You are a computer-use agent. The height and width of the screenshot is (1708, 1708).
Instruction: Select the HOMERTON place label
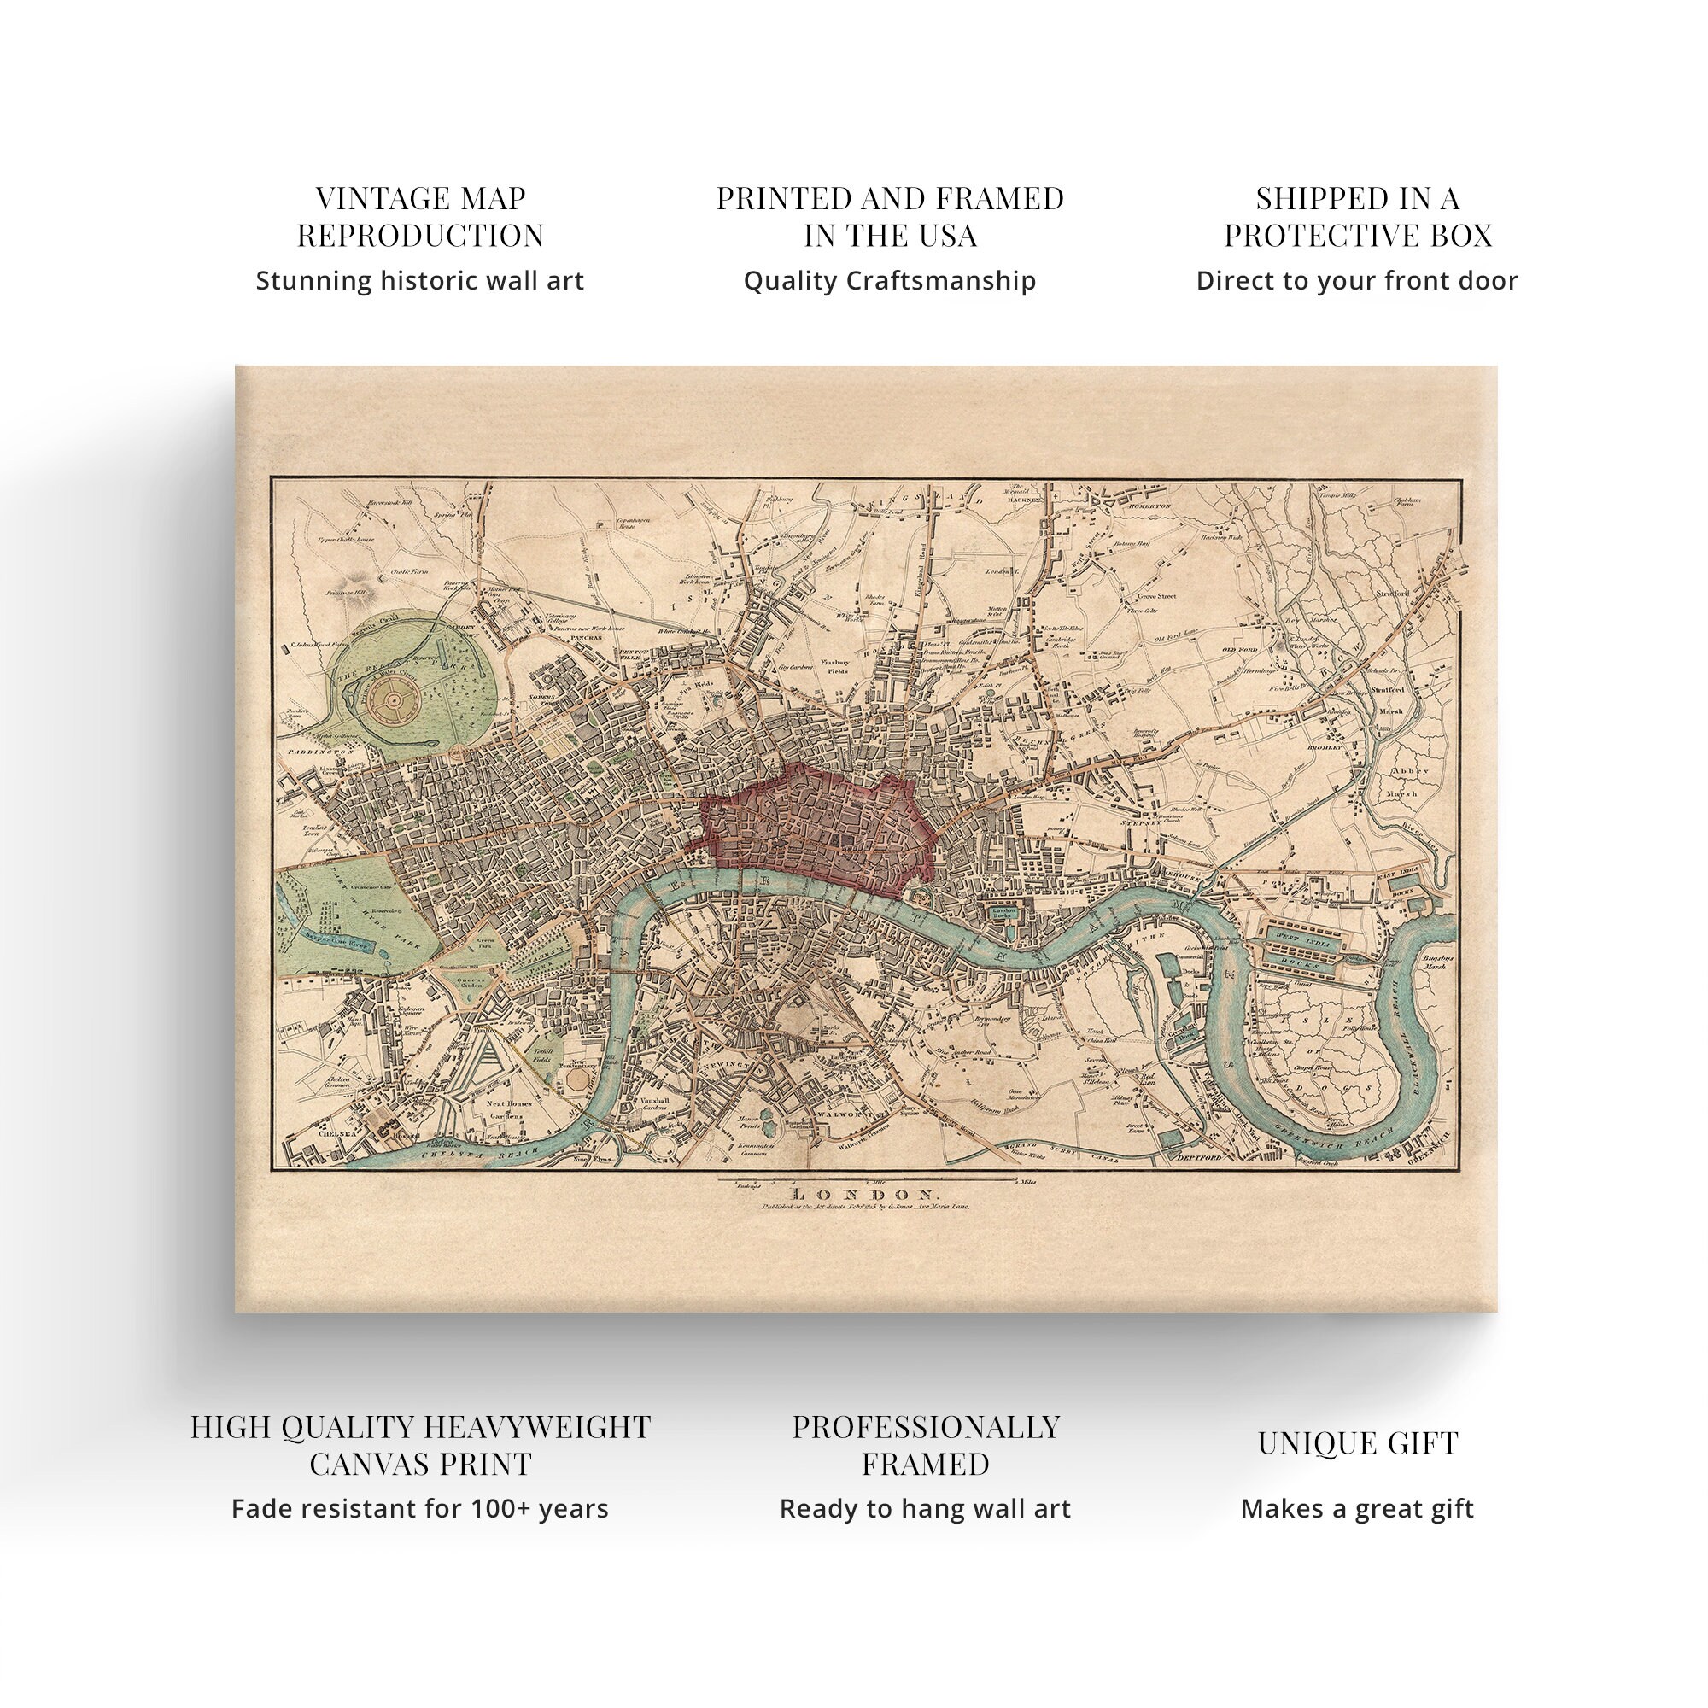1149,506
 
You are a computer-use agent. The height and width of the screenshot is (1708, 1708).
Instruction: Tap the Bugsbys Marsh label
1433,962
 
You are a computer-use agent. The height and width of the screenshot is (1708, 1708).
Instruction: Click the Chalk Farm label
409,571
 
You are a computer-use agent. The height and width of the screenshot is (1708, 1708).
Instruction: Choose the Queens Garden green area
470,984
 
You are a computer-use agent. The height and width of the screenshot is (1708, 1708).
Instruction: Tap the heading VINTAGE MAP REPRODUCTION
420,217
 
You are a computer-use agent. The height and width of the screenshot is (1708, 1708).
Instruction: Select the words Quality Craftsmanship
888,280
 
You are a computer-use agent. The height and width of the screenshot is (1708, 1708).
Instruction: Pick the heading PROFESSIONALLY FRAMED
925,1445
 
